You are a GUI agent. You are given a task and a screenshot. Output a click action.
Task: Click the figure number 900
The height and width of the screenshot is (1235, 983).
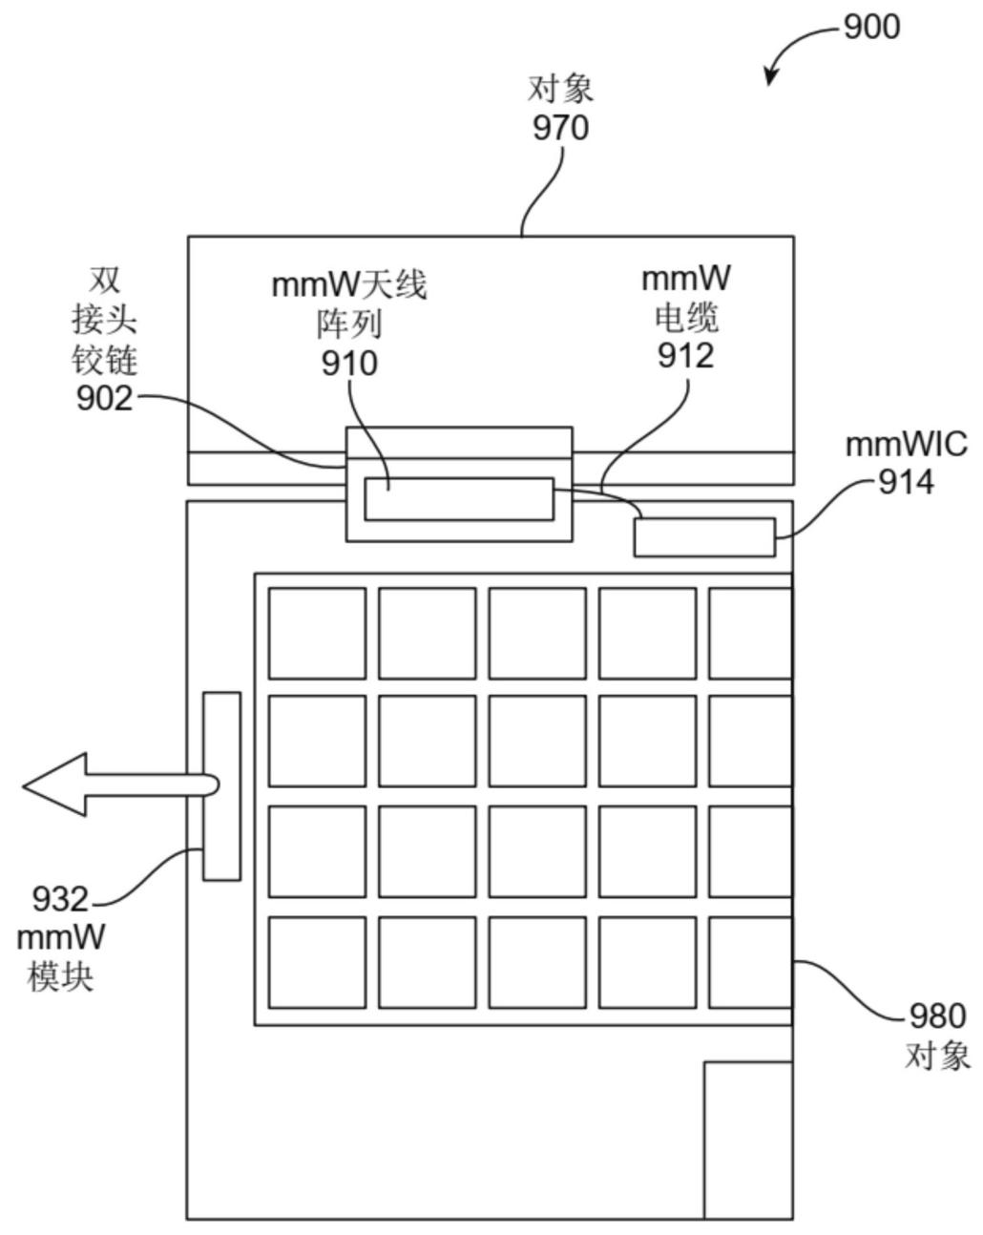pos(871,27)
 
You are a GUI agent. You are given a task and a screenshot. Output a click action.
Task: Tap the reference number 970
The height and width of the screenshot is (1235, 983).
pos(560,127)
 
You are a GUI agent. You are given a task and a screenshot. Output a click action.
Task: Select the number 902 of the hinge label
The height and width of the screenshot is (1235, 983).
pos(105,398)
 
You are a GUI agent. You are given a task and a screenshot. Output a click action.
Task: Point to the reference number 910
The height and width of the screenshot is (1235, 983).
pos(349,364)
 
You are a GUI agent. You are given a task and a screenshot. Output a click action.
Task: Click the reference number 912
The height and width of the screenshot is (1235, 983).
pos(686,356)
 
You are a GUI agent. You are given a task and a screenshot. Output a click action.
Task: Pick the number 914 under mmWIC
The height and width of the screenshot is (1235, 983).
pos(906,482)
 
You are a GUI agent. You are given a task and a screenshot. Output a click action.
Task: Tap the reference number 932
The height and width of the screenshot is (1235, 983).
pos(60,899)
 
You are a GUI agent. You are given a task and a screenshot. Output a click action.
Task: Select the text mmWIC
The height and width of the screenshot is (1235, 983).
pos(907,446)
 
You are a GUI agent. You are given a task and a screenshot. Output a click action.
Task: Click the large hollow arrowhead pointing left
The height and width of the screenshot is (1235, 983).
pos(54,785)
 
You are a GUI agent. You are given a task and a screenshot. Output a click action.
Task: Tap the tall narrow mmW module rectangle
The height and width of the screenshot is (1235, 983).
pos(221,785)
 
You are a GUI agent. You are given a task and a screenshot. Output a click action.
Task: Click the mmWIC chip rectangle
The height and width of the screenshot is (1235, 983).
pos(704,537)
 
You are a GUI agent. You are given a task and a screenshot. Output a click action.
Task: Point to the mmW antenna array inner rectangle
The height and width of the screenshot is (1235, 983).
pos(459,499)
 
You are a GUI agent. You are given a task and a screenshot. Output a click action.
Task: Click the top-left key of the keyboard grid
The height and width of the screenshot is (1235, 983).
pos(317,633)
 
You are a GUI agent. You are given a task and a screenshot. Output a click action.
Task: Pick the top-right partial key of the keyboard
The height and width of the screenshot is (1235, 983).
pos(750,633)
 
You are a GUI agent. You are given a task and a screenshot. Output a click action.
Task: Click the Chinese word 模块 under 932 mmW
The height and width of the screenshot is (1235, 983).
pos(60,975)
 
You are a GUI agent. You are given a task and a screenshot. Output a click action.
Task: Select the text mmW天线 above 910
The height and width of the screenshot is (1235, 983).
pos(349,285)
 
